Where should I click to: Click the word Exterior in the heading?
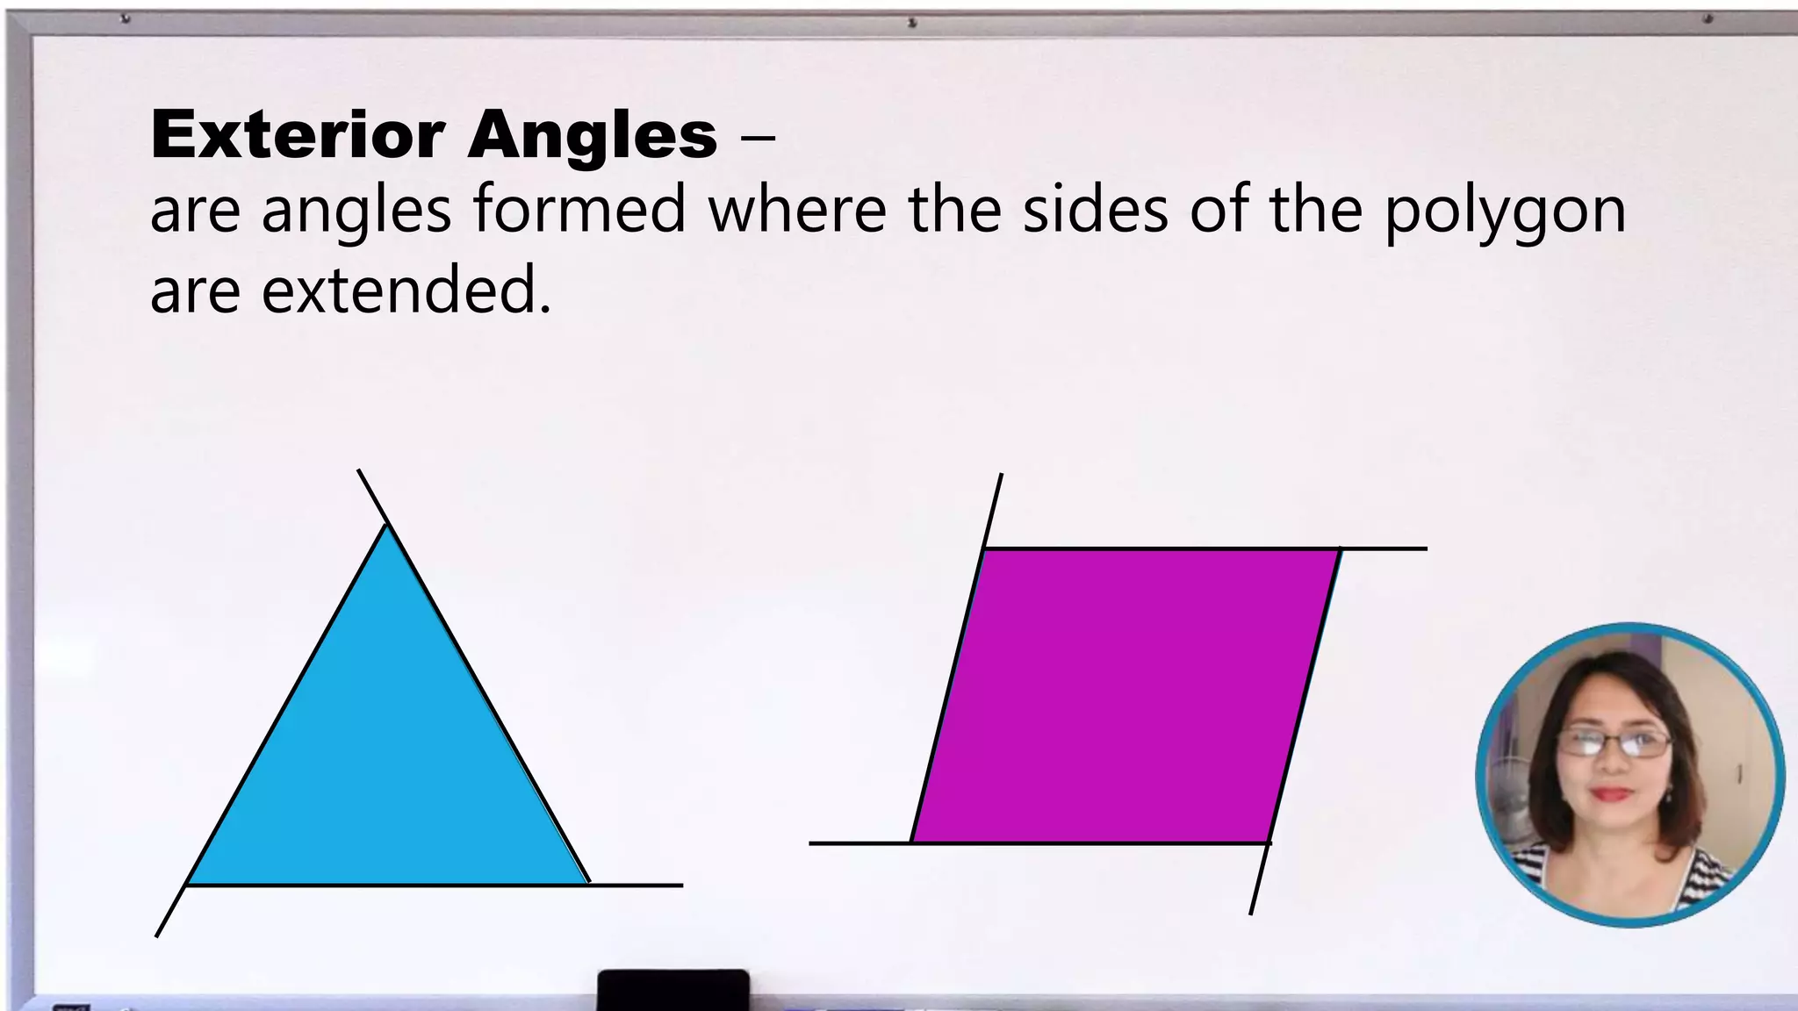(298, 135)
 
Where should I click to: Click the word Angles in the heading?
(593, 135)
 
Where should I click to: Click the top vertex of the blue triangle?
(387, 526)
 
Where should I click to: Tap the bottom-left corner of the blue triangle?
(189, 884)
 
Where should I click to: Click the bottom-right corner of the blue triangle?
(587, 883)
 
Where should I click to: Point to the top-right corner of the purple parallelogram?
(1339, 549)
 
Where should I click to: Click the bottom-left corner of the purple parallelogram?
(912, 842)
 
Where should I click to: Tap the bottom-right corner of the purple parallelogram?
(1269, 842)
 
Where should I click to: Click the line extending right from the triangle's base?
(636, 886)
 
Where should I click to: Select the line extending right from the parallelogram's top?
(1384, 549)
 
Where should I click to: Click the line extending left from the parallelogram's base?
(859, 843)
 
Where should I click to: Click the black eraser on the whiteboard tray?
(673, 990)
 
